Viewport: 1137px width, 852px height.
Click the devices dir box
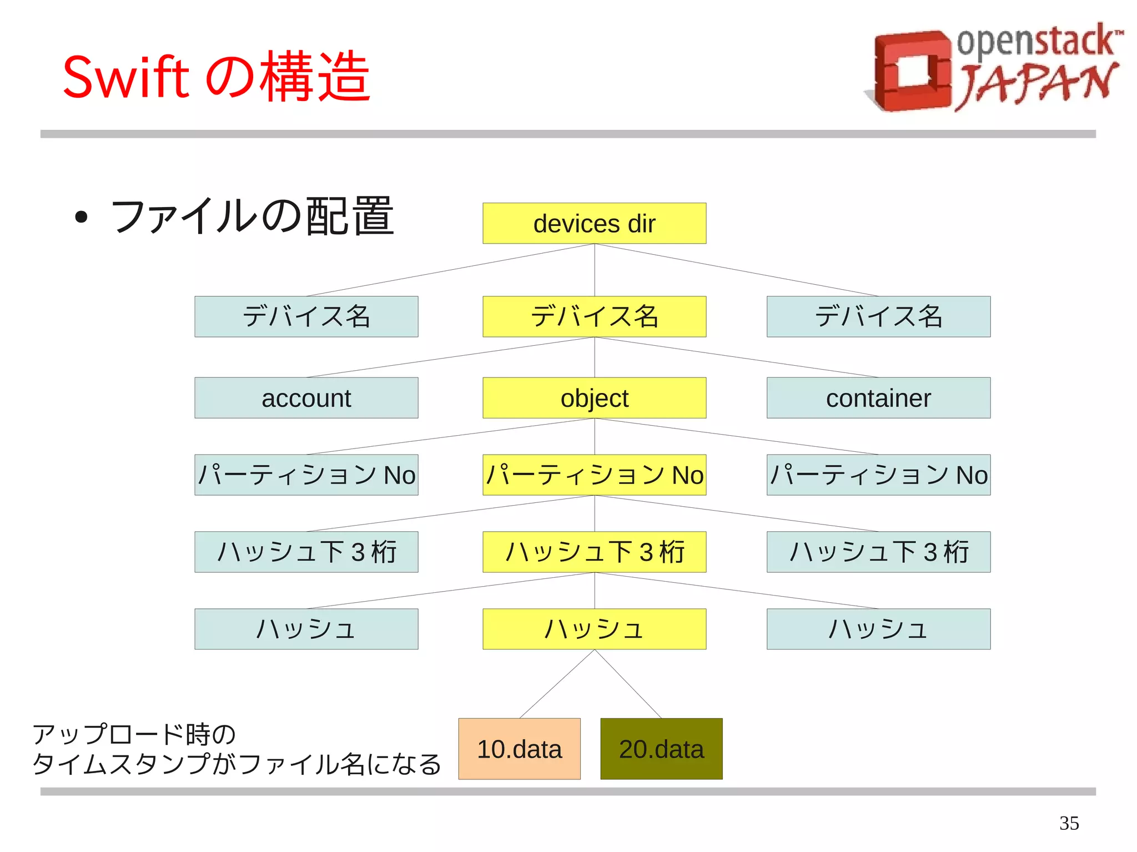[594, 223]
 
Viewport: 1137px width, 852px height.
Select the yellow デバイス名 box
[594, 316]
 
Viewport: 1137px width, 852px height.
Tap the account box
[306, 398]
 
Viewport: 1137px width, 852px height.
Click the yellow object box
[594, 398]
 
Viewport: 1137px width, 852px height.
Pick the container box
[878, 398]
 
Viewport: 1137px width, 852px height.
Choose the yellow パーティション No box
[594, 475]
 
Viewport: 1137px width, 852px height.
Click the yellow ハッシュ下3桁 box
[594, 552]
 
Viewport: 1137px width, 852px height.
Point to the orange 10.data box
[519, 749]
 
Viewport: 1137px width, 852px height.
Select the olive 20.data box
[661, 749]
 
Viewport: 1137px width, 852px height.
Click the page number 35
[1069, 823]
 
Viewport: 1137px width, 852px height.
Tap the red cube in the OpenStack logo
[910, 71]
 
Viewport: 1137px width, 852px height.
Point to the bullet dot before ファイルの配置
[81, 217]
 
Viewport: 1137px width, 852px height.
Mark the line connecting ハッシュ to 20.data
[628, 684]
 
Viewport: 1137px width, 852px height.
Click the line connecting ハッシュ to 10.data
[557, 684]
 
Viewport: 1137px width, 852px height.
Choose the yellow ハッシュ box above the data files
[594, 629]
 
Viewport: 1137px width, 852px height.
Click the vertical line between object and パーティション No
[595, 436]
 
